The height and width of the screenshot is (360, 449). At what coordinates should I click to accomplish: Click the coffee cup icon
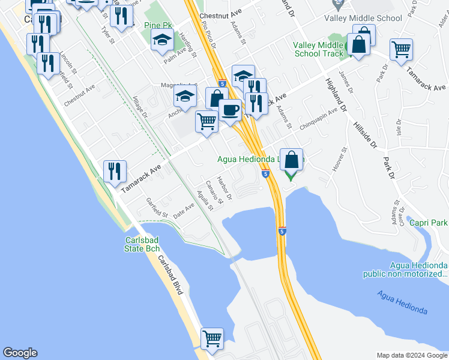[x=230, y=110]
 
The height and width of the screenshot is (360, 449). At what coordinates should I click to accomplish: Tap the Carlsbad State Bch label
[x=142, y=245]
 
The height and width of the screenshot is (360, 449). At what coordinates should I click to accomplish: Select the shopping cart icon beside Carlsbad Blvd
[x=212, y=339]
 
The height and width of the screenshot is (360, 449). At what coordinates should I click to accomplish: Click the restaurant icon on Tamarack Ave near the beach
[x=114, y=172]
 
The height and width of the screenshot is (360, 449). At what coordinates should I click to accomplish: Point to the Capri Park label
[x=429, y=223]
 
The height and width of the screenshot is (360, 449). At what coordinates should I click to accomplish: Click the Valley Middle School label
[x=363, y=18]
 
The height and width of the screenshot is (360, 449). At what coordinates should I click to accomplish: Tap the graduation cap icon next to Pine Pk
[x=161, y=40]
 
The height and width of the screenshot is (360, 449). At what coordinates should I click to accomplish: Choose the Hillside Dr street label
[x=364, y=136]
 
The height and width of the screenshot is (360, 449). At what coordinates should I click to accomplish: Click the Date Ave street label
[x=184, y=210]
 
